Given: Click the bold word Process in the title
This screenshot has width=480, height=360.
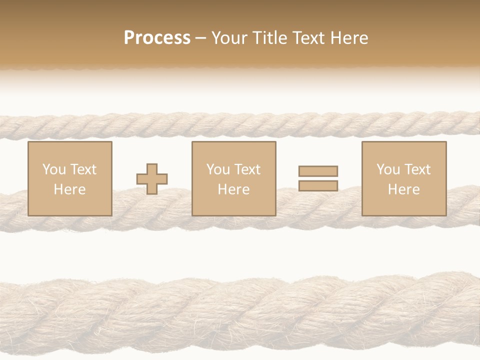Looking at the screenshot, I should click(x=157, y=37).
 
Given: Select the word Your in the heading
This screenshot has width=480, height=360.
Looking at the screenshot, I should click(x=231, y=37).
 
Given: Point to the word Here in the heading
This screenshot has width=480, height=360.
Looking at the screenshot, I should click(x=348, y=37).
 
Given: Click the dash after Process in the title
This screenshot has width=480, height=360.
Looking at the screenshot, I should click(x=200, y=38).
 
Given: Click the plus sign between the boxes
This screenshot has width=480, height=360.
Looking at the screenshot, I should click(x=152, y=178).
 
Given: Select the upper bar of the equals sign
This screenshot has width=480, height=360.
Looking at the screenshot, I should click(x=318, y=171).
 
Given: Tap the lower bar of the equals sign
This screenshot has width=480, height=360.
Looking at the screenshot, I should click(x=318, y=185).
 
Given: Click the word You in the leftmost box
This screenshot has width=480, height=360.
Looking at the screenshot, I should click(x=54, y=169).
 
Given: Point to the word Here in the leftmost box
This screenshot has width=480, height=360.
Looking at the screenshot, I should click(x=69, y=189).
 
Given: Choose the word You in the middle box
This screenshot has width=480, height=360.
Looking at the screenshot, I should click(x=218, y=169).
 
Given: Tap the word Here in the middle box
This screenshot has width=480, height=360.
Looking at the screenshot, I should click(x=233, y=189).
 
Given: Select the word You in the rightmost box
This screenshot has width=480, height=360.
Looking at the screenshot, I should click(x=388, y=169).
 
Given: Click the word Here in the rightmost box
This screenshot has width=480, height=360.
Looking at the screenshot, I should click(x=403, y=189).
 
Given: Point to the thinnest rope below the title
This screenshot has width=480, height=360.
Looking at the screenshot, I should click(x=240, y=125).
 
